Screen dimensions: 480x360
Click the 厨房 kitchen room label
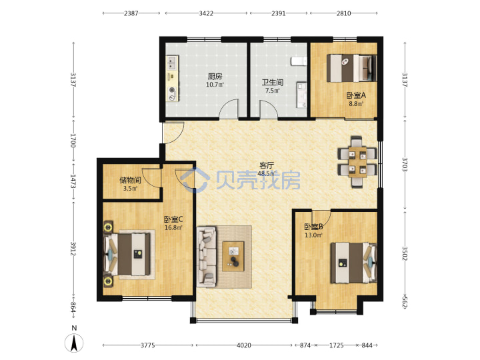215,76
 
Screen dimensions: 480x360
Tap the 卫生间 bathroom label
272,83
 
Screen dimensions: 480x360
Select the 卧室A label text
356,95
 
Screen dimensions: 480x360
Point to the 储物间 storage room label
130,180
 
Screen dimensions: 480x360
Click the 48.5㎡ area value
267,173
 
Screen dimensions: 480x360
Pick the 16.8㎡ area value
173,228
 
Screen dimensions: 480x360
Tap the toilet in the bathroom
299,61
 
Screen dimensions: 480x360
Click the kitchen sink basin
172,63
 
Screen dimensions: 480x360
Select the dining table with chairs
357,162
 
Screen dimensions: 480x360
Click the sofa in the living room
206,257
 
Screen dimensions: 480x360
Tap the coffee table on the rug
233,256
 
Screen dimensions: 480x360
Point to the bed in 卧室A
351,68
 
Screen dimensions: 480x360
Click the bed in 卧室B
353,263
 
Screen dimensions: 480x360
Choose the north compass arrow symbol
74,343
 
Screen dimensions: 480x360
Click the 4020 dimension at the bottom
244,345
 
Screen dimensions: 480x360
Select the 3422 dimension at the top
206,13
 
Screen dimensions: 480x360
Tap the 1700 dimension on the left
73,140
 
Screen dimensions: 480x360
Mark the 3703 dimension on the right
405,165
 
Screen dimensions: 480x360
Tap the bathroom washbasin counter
301,95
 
